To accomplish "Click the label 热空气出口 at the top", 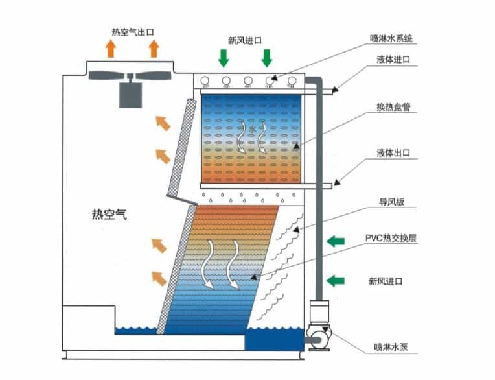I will (133, 31).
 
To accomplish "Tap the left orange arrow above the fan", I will (111, 48).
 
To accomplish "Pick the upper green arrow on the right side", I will (335, 241).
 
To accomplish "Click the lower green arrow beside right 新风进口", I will (335, 280).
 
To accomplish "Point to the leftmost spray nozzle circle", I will (205, 81).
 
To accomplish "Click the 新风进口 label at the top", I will (245, 40).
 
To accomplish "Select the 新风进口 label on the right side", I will (386, 281).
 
